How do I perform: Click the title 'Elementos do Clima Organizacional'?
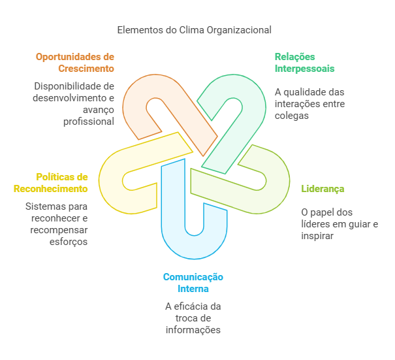194,30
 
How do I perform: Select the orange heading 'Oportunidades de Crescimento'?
75,63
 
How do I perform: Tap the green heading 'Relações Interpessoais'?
305,63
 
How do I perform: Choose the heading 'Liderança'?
323,189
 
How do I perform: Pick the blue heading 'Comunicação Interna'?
193,283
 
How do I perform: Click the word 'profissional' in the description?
89,122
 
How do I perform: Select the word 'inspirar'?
317,236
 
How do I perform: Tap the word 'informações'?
193,330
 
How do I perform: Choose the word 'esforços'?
69,242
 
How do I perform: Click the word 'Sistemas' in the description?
42,206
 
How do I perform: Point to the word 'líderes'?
315,224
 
